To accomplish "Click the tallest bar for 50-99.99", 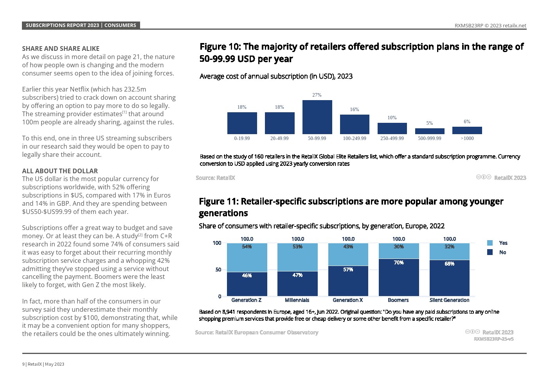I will [x=317, y=117].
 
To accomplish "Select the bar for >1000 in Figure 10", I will [x=467, y=130].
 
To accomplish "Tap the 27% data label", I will [x=317, y=95].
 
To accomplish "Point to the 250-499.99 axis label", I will [x=392, y=138].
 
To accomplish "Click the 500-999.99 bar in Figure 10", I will [x=430, y=131].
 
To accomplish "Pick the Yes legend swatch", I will [x=490, y=243].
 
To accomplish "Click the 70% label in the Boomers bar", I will [x=399, y=263].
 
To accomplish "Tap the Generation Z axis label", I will [x=246, y=300].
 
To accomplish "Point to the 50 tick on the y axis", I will [x=218, y=269].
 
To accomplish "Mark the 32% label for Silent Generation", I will [x=449, y=247].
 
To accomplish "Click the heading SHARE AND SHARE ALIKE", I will [x=61, y=48].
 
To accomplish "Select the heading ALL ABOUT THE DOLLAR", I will [x=60, y=171].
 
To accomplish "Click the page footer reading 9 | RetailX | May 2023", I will [x=43, y=364].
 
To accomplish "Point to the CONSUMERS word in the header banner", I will [x=120, y=25].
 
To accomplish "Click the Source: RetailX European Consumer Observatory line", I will [x=257, y=332].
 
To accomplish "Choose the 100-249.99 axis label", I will [x=355, y=138].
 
